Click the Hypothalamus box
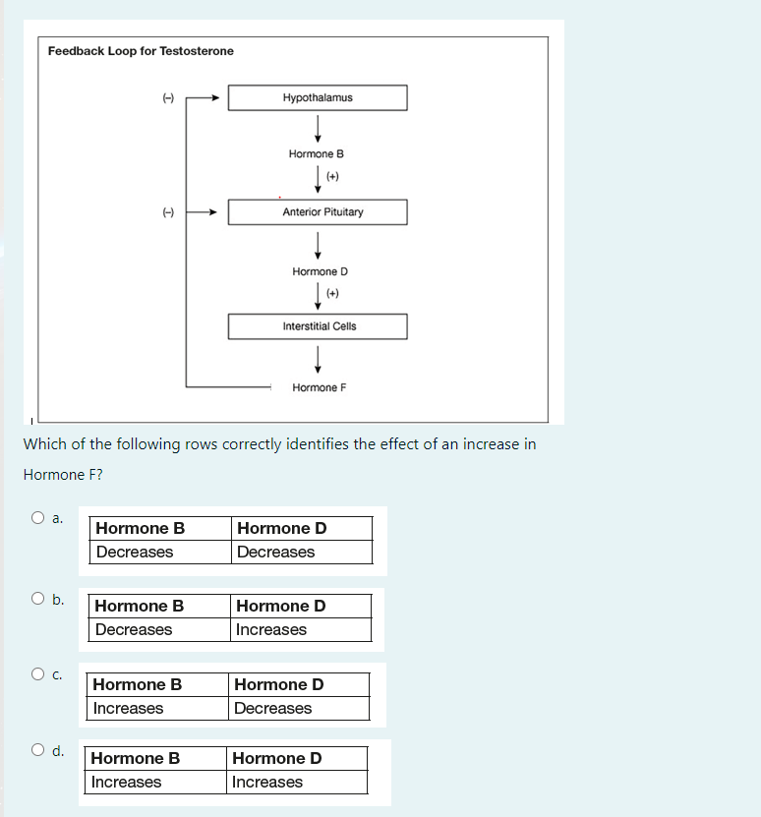coord(318,97)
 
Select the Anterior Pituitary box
coord(318,212)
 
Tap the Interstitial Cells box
coord(318,326)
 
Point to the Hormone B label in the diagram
coord(317,154)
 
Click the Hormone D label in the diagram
coord(320,271)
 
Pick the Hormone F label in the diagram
coord(320,387)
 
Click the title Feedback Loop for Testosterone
coord(141,51)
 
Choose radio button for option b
coord(37,598)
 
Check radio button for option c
coord(37,674)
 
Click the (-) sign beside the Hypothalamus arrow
coord(167,97)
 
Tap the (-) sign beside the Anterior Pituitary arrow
coord(167,211)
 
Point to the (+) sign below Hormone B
coord(332,177)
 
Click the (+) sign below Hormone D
coord(332,293)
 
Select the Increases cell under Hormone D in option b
coord(302,630)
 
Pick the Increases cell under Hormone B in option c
coord(158,708)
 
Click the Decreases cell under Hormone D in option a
coord(303,553)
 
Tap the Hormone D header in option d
coord(297,758)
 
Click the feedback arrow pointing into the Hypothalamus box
coord(206,97)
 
